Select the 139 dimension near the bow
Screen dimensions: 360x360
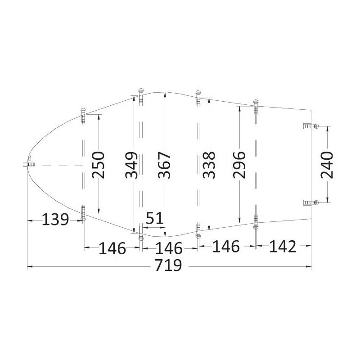pos(55,220)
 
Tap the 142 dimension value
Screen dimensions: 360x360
pos(283,247)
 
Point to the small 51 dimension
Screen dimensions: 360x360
pos(154,218)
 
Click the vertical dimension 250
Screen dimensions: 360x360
pos(99,164)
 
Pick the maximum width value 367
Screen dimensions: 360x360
pos(165,165)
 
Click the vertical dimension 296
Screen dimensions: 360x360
pos(239,165)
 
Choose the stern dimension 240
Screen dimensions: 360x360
pos(327,165)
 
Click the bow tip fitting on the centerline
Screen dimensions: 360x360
pos(29,163)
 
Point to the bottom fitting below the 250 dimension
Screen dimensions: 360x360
pos(83,213)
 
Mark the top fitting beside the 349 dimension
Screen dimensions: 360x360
pos(140,95)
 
